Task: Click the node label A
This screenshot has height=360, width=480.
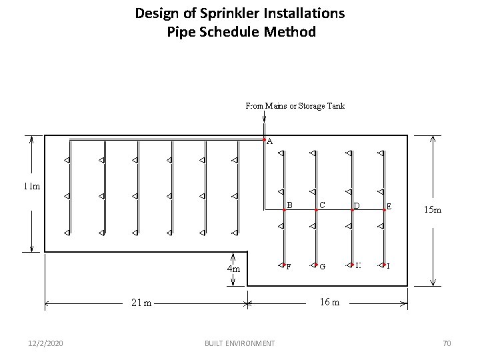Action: click(x=269, y=141)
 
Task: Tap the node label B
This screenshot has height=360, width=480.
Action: click(x=289, y=205)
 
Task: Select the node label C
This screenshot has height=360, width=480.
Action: click(x=322, y=205)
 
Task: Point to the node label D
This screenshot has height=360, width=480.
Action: click(x=357, y=205)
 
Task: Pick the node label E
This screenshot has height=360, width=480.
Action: click(x=389, y=206)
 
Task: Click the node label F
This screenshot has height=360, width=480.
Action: click(x=288, y=267)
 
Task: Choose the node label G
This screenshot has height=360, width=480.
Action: click(x=322, y=267)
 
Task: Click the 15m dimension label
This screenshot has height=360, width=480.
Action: click(x=432, y=210)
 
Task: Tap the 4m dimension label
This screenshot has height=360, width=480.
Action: click(x=233, y=269)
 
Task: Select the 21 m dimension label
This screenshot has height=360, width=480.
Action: click(x=141, y=303)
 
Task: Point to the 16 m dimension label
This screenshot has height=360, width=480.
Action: click(x=329, y=302)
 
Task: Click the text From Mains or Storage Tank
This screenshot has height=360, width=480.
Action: click(x=295, y=105)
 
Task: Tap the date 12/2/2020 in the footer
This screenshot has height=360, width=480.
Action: click(x=47, y=343)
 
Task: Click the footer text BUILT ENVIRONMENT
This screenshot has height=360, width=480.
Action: click(x=240, y=343)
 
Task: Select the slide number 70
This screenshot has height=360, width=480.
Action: click(x=447, y=343)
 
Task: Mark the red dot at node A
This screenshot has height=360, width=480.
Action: click(x=264, y=139)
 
